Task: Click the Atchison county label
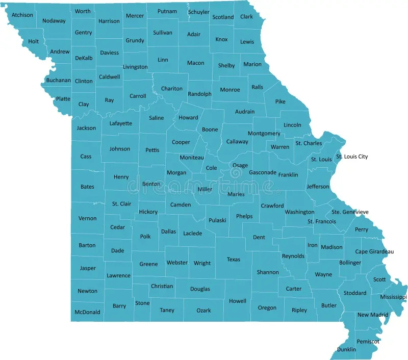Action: [x=22, y=15]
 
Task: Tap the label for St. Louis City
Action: [x=351, y=157]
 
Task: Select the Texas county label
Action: [x=233, y=260]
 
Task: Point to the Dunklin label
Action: [x=346, y=349]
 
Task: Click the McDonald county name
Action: [x=87, y=312]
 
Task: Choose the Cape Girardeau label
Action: [x=374, y=251]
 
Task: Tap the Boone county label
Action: [x=210, y=130]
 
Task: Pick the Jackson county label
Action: [x=86, y=128]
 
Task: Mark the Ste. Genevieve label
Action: [x=350, y=212]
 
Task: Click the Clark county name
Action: [x=246, y=16]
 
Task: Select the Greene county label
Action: [x=148, y=264]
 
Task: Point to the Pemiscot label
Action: [x=367, y=341]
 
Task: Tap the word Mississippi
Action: [x=393, y=297]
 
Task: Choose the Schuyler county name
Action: [x=198, y=12]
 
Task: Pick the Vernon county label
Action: [x=87, y=218]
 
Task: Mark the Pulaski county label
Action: [x=217, y=220]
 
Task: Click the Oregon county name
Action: [x=267, y=307]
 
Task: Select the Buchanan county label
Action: [x=58, y=80]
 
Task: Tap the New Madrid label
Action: [x=372, y=315]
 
